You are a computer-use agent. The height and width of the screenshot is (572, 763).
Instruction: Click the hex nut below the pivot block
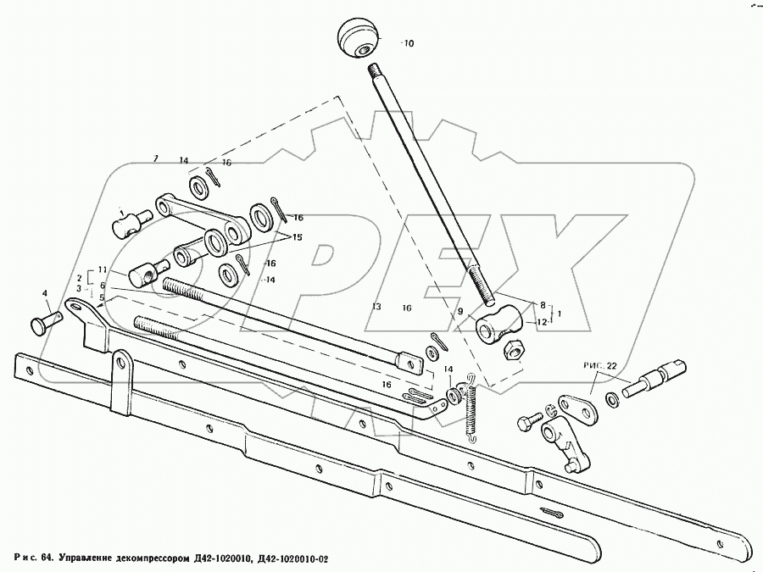(x=513, y=348)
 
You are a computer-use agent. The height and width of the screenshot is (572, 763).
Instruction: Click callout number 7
(x=155, y=159)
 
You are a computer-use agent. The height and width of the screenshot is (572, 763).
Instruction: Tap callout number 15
(x=298, y=236)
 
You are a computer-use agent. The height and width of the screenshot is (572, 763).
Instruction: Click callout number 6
(x=102, y=286)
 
